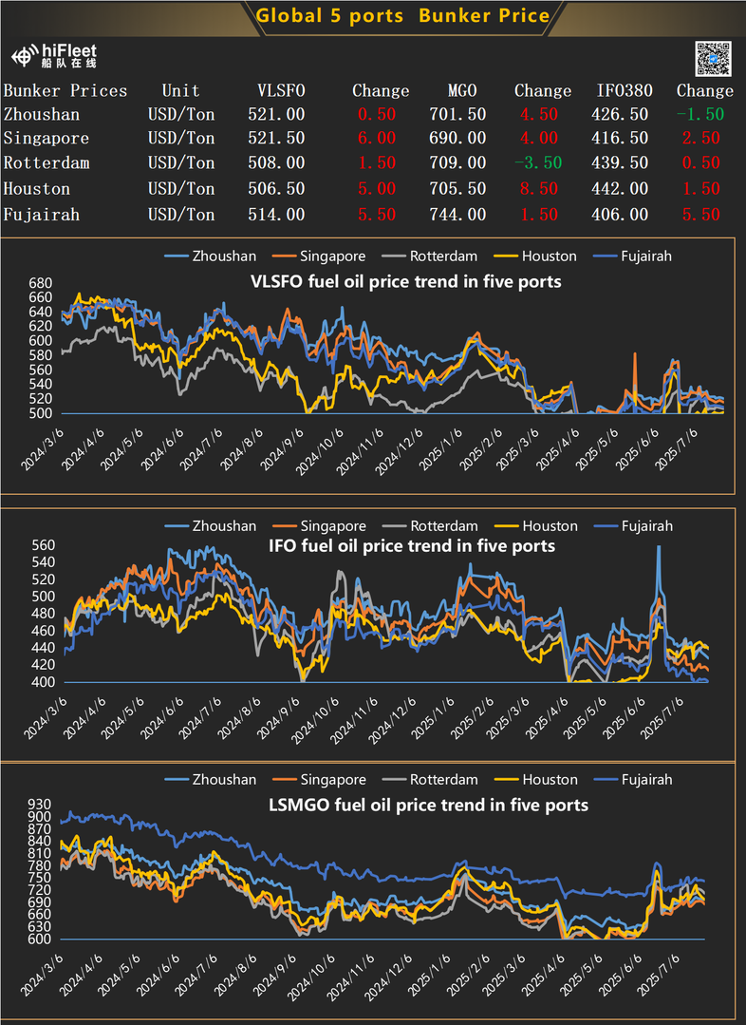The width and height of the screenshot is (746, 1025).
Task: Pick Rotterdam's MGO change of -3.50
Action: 537,163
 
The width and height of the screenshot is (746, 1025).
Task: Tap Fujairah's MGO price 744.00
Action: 457,215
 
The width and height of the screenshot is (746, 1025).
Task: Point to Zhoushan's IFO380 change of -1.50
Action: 700,114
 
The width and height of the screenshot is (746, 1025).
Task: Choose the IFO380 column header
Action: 624,91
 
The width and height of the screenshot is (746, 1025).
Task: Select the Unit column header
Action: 180,91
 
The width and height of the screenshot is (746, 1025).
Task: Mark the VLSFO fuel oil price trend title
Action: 404,282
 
